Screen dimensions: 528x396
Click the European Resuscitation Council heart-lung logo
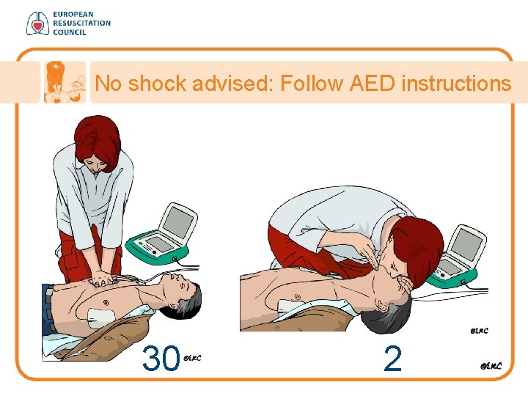pos(37,23)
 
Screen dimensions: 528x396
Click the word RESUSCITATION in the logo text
pos(82,23)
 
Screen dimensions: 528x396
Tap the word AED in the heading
pos(372,83)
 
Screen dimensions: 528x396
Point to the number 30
pos(161,358)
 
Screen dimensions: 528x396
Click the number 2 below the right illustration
pos(392,359)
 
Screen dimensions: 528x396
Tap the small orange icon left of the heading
pos(65,82)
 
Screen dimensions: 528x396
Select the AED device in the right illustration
pos(457,257)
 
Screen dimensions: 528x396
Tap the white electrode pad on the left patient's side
pos(101,318)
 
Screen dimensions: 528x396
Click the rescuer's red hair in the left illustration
pos(98,142)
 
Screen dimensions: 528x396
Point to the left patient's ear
pos(174,306)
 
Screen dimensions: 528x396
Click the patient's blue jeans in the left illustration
pos(48,309)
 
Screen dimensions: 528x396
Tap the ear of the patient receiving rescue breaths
pos(381,306)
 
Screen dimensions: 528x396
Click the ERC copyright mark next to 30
pos(192,358)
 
